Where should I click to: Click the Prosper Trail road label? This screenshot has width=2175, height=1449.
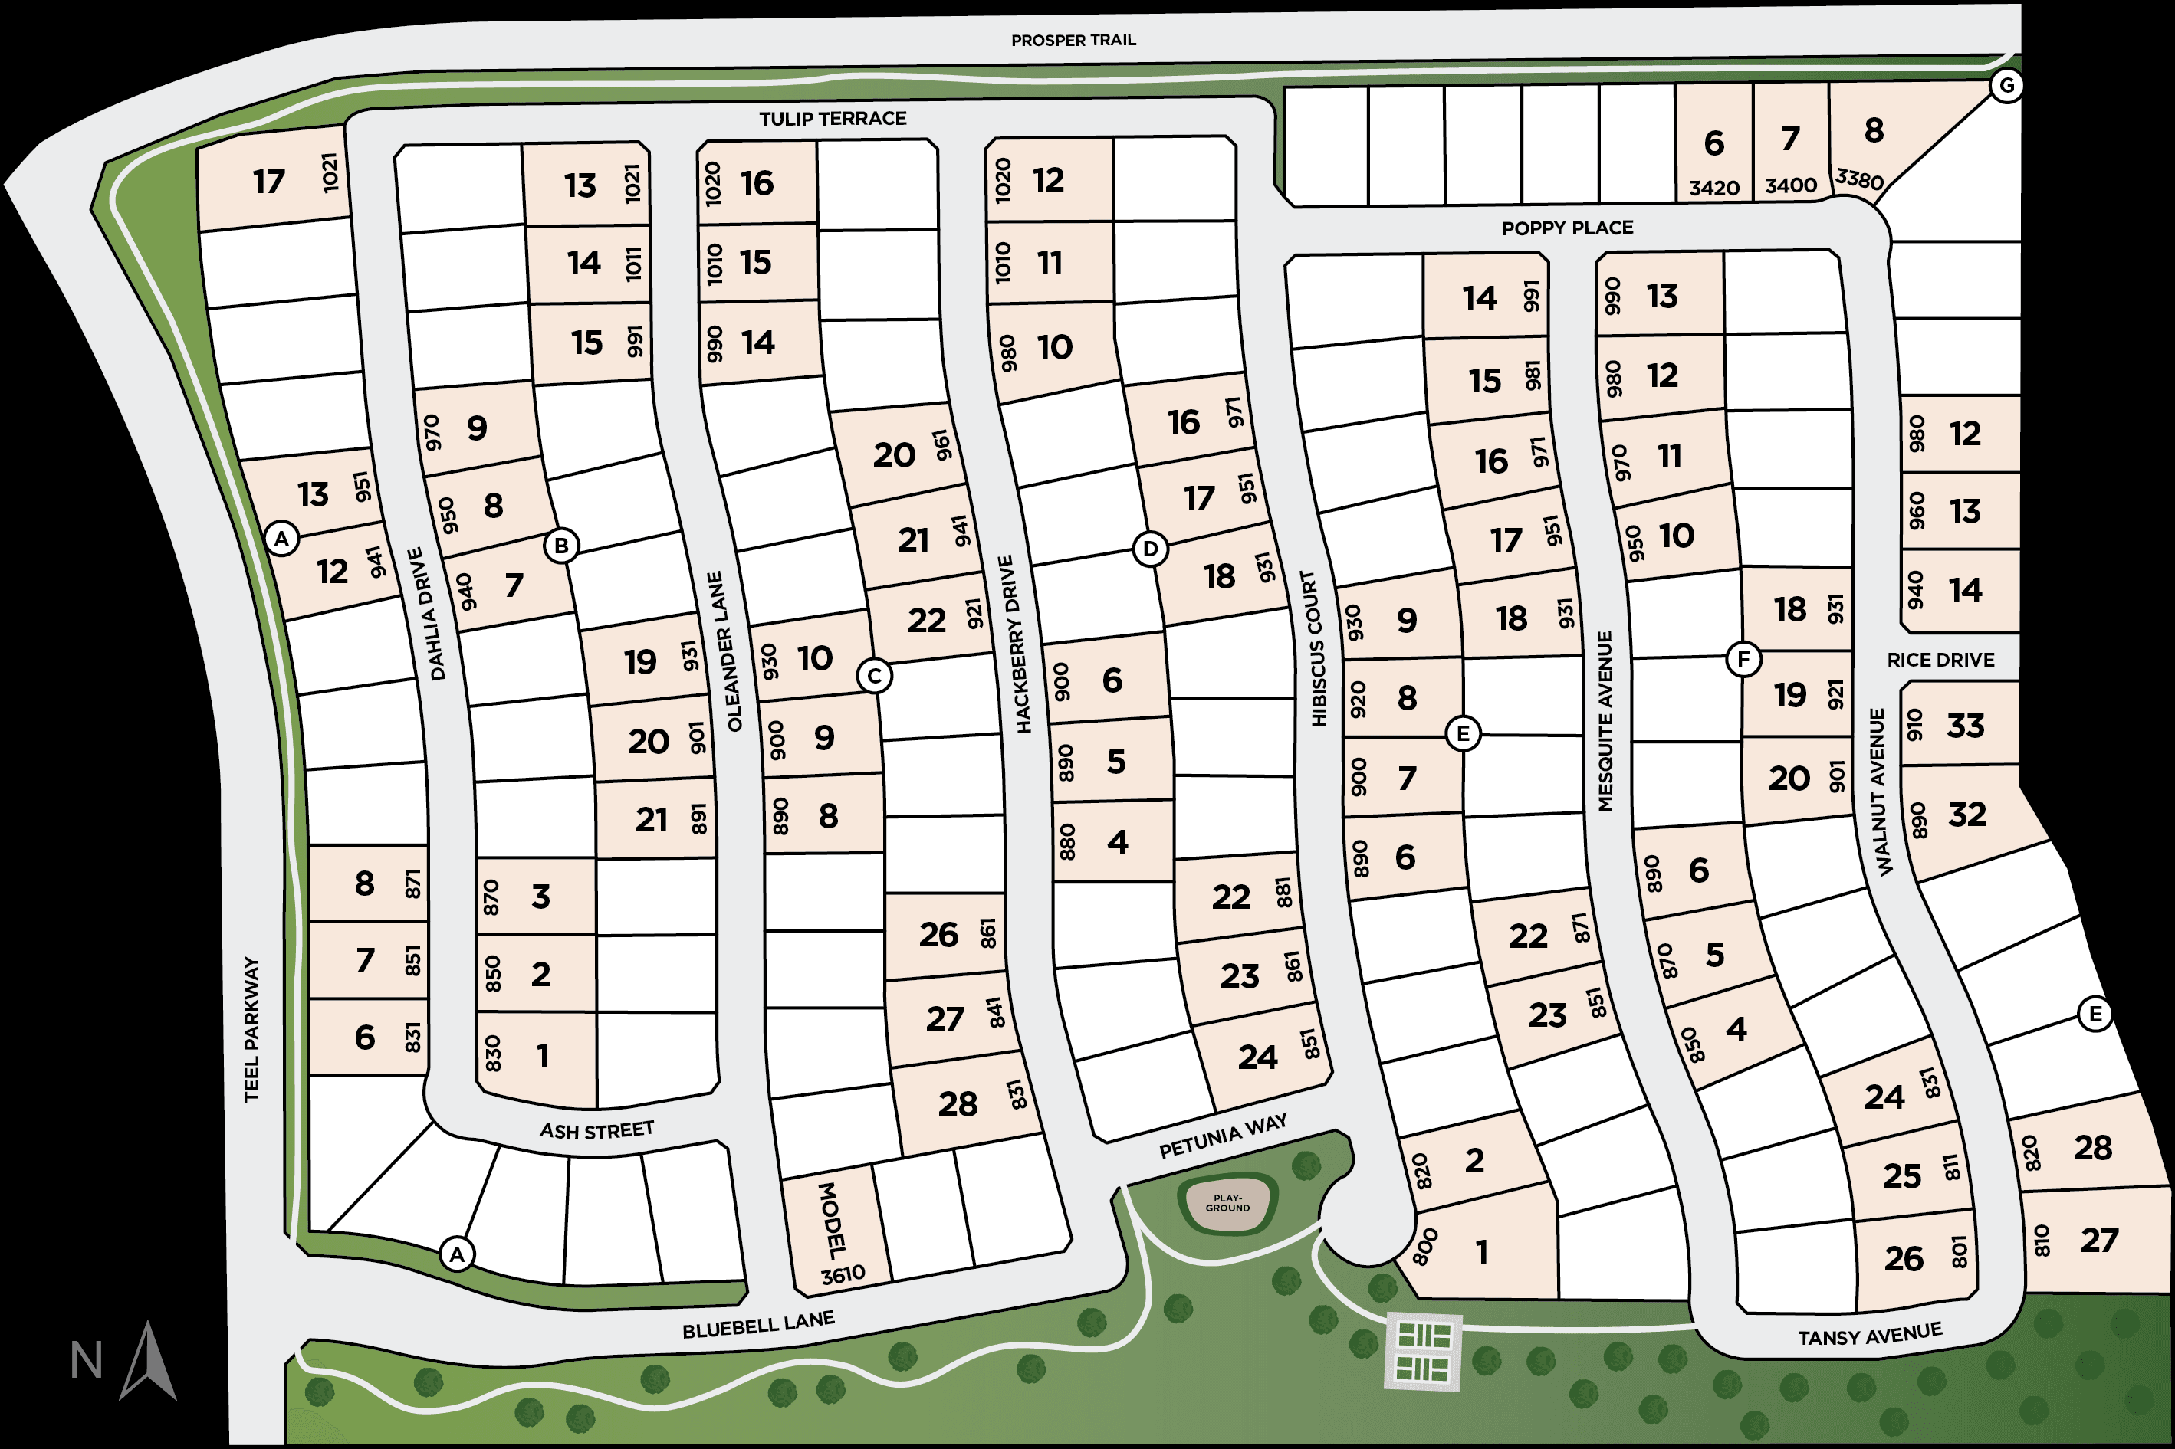pos(1073,41)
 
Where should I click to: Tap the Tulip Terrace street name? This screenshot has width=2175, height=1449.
pos(833,118)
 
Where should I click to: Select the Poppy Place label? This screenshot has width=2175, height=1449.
pos(1567,228)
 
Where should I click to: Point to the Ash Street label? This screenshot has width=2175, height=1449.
pos(597,1130)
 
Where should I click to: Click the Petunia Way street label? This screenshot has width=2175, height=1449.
pos(1222,1136)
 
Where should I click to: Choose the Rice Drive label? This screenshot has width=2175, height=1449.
pos(1940,660)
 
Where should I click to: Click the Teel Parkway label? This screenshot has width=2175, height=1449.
pos(251,1029)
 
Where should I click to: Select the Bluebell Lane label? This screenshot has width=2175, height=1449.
pos(758,1324)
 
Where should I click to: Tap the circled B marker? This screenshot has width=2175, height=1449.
pos(561,546)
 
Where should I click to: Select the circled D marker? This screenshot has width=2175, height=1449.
pos(1150,549)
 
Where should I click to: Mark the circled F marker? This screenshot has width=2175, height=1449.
pos(1743,659)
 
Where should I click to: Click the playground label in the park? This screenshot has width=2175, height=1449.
pos(1227,1202)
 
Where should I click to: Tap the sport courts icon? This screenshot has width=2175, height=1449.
pos(1424,1352)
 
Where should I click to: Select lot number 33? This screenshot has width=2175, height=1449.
pos(1965,726)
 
